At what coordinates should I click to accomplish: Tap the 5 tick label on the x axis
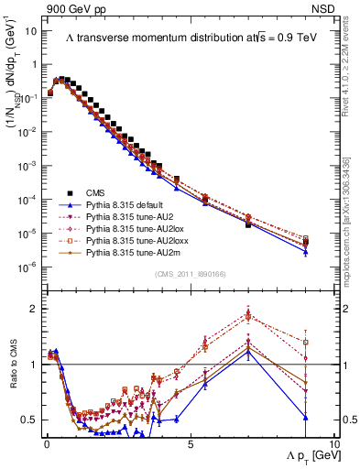189,445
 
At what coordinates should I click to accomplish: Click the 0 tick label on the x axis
46,445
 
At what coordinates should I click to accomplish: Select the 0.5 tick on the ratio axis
30,420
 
